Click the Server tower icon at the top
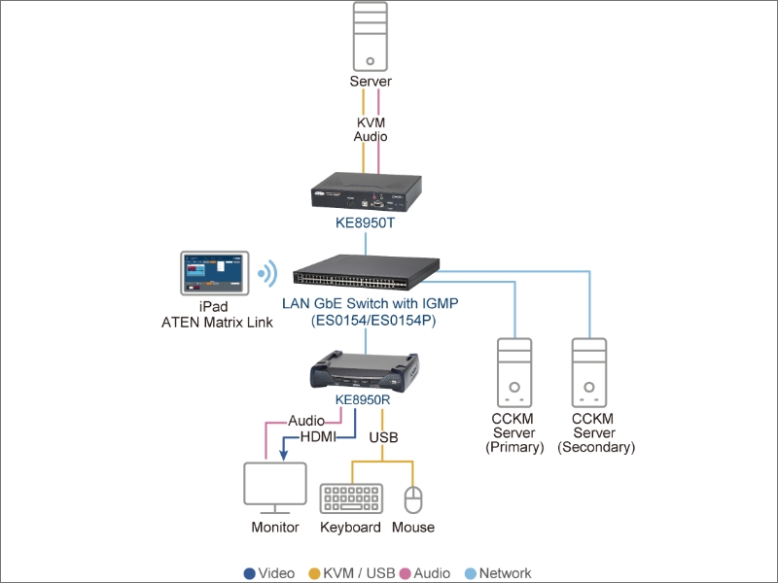(371, 37)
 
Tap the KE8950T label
(366, 223)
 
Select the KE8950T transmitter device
(367, 191)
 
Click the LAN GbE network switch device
(367, 272)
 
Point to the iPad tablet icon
(214, 273)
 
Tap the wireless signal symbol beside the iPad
(268, 273)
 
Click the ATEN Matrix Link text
(217, 323)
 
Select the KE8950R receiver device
(365, 371)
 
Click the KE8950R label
(363, 399)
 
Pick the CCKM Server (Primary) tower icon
(514, 373)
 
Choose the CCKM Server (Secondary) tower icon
(589, 373)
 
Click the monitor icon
(275, 489)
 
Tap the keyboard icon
(351, 498)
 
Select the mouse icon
(413, 499)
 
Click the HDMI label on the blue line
(318, 436)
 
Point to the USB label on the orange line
(383, 437)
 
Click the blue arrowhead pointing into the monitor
(283, 454)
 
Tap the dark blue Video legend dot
(250, 573)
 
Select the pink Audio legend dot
(406, 573)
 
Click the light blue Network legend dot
(471, 573)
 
